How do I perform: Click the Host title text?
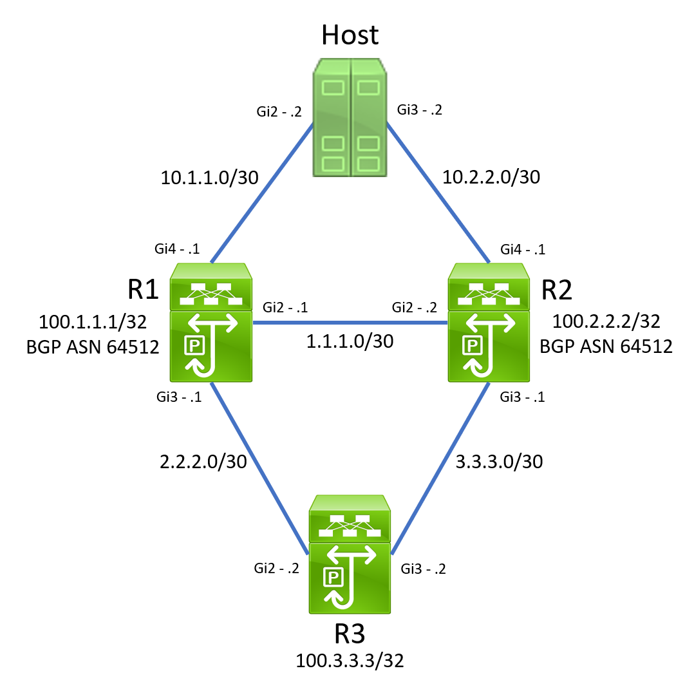coord(350,35)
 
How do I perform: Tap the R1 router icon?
coord(211,321)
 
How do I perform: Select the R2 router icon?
coord(489,321)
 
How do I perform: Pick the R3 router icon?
coord(350,553)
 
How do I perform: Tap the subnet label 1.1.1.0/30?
coord(350,341)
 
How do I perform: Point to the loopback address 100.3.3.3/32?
coord(350,661)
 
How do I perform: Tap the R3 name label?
coord(350,634)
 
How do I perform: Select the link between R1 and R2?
coord(350,322)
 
